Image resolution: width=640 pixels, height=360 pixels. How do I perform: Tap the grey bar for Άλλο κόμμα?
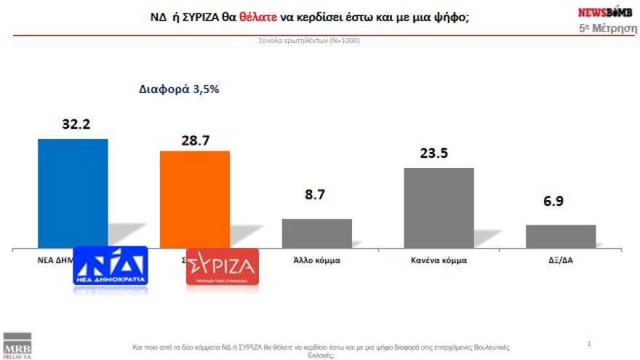pyautogui.click(x=316, y=233)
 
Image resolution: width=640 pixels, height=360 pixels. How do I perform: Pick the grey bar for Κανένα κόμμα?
pyautogui.click(x=439, y=207)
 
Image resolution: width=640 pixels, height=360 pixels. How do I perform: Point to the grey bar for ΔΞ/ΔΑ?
pyautogui.click(x=561, y=236)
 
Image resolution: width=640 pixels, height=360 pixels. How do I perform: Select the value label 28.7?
pyautogui.click(x=195, y=140)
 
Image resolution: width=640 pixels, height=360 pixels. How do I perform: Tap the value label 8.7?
pyautogui.click(x=316, y=196)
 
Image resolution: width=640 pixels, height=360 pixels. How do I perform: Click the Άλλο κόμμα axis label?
pyautogui.click(x=316, y=259)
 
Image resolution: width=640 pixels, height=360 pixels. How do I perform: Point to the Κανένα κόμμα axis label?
pyautogui.click(x=439, y=259)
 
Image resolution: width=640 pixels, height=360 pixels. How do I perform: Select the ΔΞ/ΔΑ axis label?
pyautogui.click(x=561, y=259)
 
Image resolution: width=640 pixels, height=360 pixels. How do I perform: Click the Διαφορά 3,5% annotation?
pyautogui.click(x=179, y=89)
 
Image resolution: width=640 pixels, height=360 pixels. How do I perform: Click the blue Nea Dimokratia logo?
pyautogui.click(x=110, y=265)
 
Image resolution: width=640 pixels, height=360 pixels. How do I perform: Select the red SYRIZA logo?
pyautogui.click(x=222, y=266)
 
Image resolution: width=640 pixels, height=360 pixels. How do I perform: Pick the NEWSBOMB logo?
pyautogui.click(x=604, y=12)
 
